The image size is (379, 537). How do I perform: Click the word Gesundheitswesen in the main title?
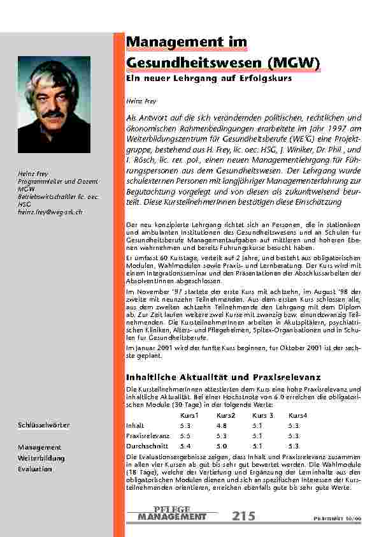coord(192,63)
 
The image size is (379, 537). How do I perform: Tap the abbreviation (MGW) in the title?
coord(292,63)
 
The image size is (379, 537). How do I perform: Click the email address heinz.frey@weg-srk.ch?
coord(50,212)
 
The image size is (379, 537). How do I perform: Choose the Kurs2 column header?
coord(225,416)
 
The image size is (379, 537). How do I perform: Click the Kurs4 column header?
coord(297,416)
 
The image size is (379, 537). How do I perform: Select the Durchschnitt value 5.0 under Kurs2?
coord(222,446)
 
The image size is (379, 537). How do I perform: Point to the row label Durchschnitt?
coord(145,446)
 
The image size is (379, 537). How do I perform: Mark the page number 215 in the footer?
coord(243,515)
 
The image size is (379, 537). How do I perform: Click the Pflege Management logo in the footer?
coord(172,513)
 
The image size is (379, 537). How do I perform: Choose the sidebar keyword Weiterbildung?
coord(41,458)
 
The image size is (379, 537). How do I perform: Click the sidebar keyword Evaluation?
coord(35,469)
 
